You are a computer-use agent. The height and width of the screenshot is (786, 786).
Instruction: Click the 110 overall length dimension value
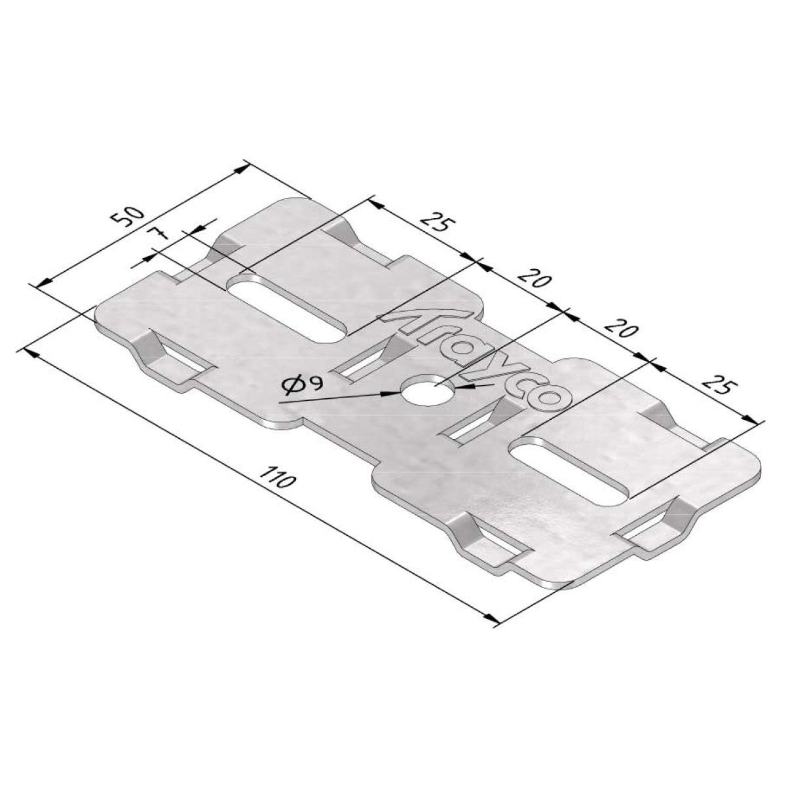(277, 477)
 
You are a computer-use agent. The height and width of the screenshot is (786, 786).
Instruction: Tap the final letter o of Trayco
(549, 399)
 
